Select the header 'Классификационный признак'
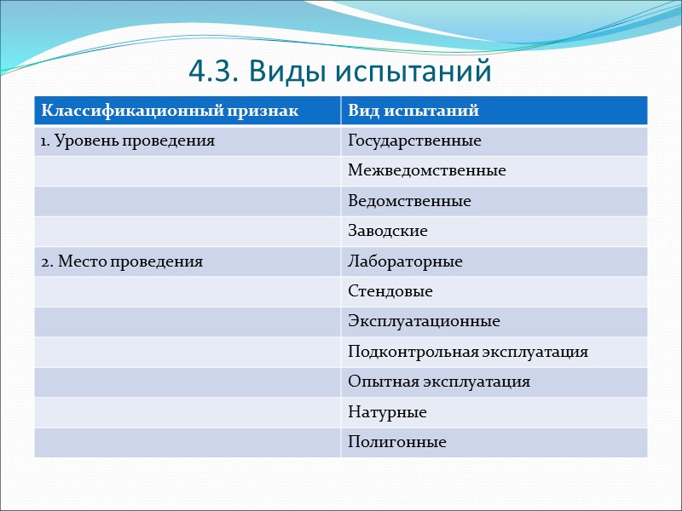point(171,111)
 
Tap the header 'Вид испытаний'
point(413,111)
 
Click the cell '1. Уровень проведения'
point(128,141)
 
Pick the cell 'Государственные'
point(414,141)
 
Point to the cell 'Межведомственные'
point(427,171)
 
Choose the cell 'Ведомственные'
point(409,201)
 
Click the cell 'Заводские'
point(388,231)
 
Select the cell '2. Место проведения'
point(122,261)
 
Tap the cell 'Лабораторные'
point(405,261)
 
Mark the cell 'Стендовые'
point(390,291)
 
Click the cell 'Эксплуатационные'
point(424,322)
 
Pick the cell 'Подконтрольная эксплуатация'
point(468,352)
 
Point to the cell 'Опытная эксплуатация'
point(439,382)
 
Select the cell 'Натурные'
point(387,412)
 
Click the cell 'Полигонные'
point(397,443)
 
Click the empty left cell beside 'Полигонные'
point(188,443)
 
